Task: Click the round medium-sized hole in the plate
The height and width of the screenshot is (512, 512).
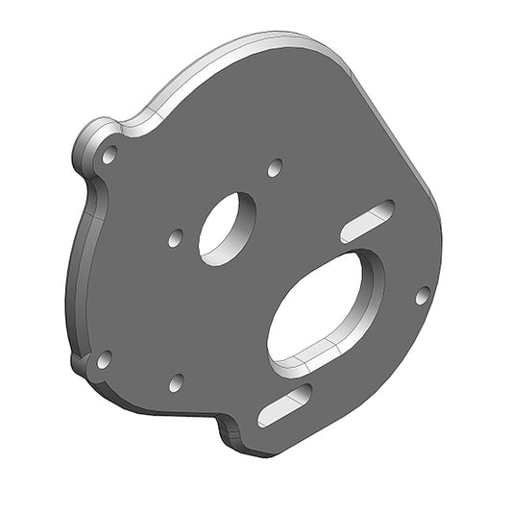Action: click(227, 228)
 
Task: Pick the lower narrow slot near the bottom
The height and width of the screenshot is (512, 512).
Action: click(284, 402)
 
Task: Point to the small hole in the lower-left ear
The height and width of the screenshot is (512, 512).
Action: click(104, 360)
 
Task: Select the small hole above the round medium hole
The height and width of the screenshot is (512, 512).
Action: click(275, 167)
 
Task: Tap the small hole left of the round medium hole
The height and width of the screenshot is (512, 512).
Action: click(175, 237)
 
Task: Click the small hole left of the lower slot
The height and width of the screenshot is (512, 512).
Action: click(176, 382)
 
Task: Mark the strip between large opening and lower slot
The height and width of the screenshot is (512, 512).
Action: click(298, 379)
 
